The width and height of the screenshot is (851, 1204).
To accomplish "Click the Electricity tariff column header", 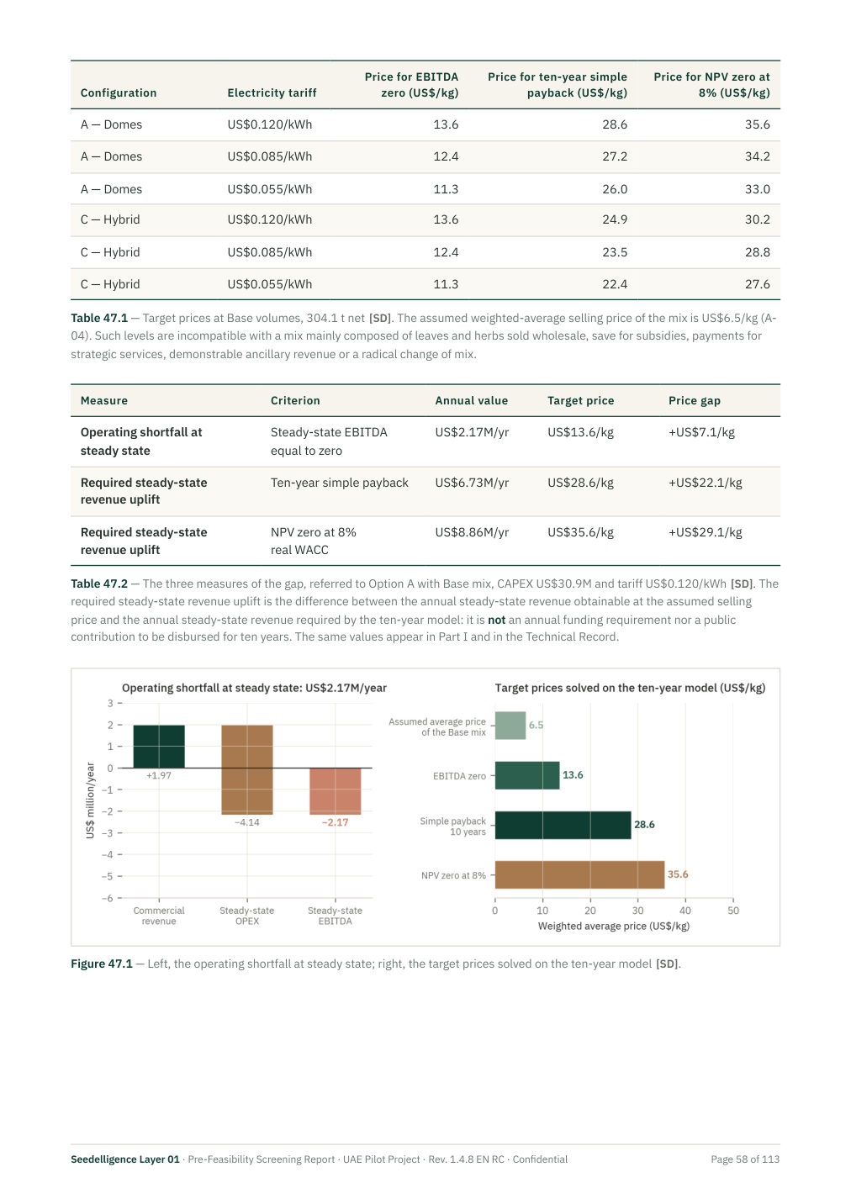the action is pyautogui.click(x=272, y=92).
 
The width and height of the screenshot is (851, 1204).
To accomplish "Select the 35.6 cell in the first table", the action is pyautogui.click(x=757, y=124).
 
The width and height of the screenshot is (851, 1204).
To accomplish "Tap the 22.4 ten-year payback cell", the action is pyautogui.click(x=615, y=284).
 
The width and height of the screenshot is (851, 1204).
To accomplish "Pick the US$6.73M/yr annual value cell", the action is pyautogui.click(x=472, y=482).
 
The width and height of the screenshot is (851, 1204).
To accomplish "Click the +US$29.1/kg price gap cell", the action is pyautogui.click(x=705, y=532).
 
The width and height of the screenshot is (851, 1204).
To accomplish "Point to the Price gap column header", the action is pyautogui.click(x=694, y=400).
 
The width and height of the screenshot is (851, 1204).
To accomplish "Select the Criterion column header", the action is pyautogui.click(x=295, y=400).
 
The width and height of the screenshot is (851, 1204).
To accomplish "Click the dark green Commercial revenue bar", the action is pyautogui.click(x=159, y=747).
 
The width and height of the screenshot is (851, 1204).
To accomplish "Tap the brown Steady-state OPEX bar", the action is pyautogui.click(x=247, y=769).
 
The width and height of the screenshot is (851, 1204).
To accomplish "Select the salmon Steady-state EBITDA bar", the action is pyautogui.click(x=336, y=791).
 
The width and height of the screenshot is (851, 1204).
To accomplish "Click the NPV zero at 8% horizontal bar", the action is pyautogui.click(x=579, y=874).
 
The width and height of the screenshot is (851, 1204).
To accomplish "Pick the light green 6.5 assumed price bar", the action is pyautogui.click(x=510, y=725).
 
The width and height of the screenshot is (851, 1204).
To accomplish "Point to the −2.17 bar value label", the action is pyautogui.click(x=335, y=822).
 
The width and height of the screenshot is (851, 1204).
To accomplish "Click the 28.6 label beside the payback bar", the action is pyautogui.click(x=644, y=825).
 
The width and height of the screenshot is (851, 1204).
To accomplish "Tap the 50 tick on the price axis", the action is pyautogui.click(x=732, y=911).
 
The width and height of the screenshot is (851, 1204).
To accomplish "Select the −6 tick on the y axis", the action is pyautogui.click(x=108, y=898).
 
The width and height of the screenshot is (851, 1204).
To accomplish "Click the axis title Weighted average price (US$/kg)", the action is pyautogui.click(x=613, y=926).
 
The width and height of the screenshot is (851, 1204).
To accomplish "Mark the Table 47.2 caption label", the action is pyautogui.click(x=99, y=584).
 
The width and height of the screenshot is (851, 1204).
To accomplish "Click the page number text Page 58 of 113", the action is pyautogui.click(x=744, y=1159).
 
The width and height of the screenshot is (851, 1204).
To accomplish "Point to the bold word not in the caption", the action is pyautogui.click(x=496, y=620).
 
